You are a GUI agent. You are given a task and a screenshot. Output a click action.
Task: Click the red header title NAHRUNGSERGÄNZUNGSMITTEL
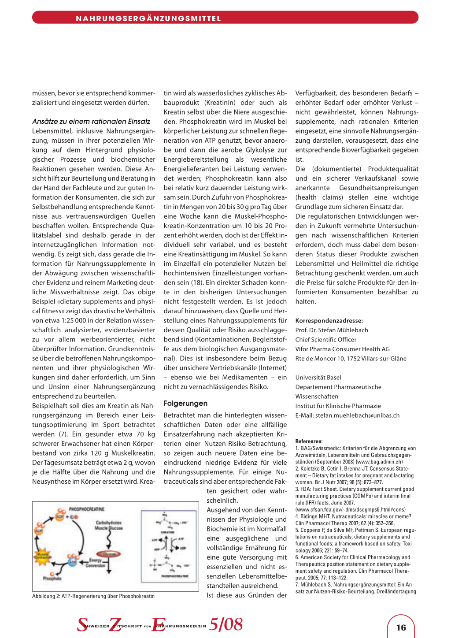(x=148, y=19)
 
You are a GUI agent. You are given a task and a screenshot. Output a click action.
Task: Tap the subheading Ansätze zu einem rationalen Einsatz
(x=91, y=122)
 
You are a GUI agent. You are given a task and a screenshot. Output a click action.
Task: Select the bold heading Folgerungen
(x=185, y=403)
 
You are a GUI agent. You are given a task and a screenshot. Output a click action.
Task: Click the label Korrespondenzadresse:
(x=329, y=321)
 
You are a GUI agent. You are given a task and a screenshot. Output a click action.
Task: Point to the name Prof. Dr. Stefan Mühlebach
(x=332, y=330)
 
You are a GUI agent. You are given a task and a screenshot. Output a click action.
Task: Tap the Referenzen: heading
(x=309, y=441)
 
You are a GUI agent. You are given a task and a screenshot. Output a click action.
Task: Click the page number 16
(x=401, y=627)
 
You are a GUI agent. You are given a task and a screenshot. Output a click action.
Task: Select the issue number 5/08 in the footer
(x=226, y=624)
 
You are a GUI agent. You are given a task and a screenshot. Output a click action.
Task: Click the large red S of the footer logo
(x=82, y=624)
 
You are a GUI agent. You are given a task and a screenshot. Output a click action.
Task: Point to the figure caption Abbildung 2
(x=93, y=596)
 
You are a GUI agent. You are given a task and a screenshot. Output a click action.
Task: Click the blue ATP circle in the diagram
(x=72, y=562)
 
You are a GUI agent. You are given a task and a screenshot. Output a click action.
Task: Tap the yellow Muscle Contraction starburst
(x=43, y=554)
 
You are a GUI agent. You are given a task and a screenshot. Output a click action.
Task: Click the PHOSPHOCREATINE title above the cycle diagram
(x=87, y=509)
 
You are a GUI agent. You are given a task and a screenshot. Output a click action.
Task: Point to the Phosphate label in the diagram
(x=52, y=578)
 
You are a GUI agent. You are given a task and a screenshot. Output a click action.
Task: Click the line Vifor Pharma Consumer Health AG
(x=342, y=349)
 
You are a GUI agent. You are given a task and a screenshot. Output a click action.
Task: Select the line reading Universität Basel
(x=318, y=378)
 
